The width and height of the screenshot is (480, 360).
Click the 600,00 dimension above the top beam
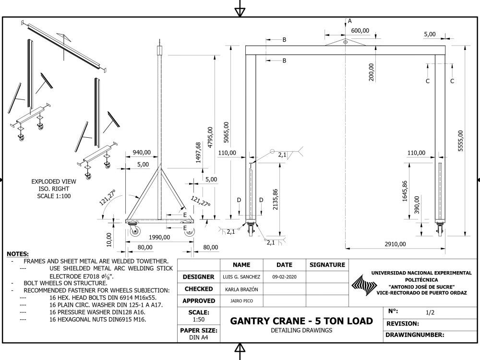360,30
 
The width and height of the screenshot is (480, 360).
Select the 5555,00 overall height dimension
460,141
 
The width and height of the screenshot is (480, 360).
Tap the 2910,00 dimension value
395,244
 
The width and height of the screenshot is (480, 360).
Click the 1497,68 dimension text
199,153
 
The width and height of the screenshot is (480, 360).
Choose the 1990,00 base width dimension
159,237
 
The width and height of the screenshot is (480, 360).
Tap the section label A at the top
350,21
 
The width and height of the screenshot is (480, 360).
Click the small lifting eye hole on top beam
346,42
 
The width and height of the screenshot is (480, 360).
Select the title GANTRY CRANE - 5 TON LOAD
301,321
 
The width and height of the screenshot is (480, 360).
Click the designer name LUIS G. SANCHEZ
242,277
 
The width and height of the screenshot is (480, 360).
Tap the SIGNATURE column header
327,264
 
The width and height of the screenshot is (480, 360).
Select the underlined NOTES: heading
18,253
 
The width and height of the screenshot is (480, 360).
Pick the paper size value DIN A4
199,337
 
